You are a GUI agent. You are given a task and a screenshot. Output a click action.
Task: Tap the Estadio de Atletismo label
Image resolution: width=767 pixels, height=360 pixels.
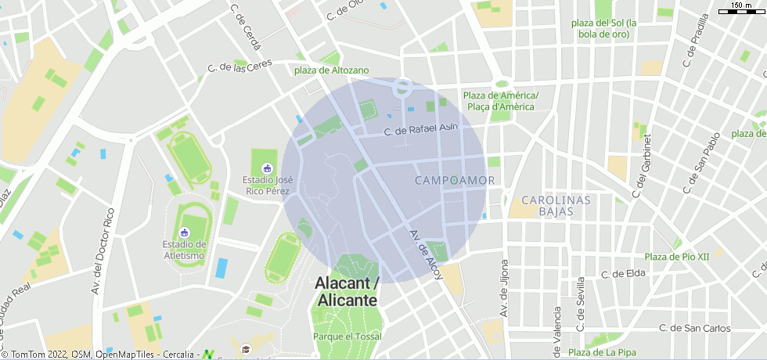185,250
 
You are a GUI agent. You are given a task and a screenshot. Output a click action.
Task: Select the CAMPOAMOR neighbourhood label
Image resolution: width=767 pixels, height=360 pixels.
455,181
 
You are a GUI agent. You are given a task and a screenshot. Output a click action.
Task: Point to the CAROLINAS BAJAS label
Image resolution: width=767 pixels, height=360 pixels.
556,206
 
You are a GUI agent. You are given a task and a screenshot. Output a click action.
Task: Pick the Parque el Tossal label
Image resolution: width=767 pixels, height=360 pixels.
347,336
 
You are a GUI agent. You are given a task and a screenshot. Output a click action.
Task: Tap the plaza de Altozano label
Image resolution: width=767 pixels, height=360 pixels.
331,70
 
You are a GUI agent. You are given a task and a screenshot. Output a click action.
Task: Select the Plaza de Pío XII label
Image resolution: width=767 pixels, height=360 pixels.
676,257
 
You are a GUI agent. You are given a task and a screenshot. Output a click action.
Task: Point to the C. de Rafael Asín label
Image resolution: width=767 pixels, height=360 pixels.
420,130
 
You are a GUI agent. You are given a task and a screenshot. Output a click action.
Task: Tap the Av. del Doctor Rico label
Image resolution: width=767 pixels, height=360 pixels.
102,250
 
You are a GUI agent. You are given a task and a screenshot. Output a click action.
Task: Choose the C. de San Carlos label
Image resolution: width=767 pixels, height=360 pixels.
694,328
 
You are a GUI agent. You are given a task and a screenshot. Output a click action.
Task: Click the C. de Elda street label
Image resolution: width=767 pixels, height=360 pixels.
623,274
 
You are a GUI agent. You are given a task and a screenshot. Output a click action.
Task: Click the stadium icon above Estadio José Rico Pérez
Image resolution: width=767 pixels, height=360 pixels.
268,167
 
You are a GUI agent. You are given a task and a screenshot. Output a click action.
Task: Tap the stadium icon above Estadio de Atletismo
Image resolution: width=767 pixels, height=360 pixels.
185,232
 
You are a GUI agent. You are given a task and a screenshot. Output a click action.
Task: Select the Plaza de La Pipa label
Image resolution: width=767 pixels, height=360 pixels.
602,352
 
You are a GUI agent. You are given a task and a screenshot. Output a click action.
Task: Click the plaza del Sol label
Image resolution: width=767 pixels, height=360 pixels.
605,28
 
